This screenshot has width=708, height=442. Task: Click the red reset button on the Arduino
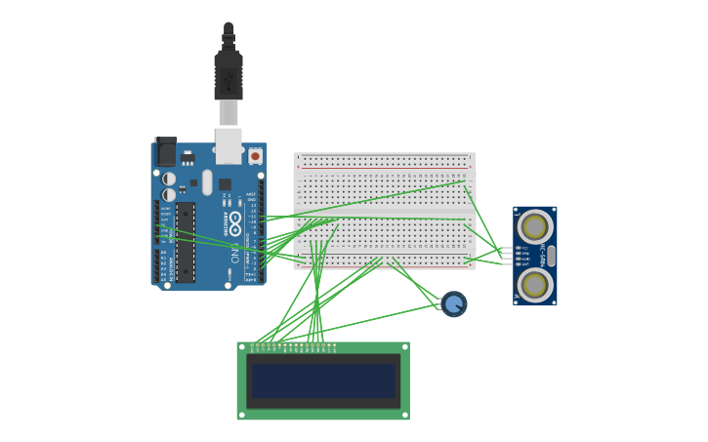[x=256, y=156]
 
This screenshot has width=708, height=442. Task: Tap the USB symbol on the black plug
[x=228, y=78]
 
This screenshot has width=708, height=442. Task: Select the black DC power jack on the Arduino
[x=166, y=152]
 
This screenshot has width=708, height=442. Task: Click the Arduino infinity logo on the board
[x=235, y=223]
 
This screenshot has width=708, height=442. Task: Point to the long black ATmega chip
[x=186, y=242]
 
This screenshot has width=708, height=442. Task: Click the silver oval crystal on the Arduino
[x=207, y=181]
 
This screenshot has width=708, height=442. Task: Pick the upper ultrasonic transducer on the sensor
[x=534, y=226]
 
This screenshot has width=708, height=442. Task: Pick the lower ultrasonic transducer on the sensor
[x=534, y=284]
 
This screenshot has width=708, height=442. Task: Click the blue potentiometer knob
[x=454, y=303]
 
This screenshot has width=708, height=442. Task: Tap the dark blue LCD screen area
[x=323, y=381]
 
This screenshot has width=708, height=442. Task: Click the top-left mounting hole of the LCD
[x=242, y=346]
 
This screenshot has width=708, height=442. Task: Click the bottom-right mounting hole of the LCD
[x=404, y=415]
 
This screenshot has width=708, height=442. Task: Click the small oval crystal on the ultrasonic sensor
[x=551, y=256]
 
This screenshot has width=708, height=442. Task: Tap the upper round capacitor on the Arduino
[x=169, y=179]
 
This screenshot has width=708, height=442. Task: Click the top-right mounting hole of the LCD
[x=404, y=346]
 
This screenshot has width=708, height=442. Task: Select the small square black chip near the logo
[x=225, y=184]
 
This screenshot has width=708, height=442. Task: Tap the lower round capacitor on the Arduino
[x=169, y=195]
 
